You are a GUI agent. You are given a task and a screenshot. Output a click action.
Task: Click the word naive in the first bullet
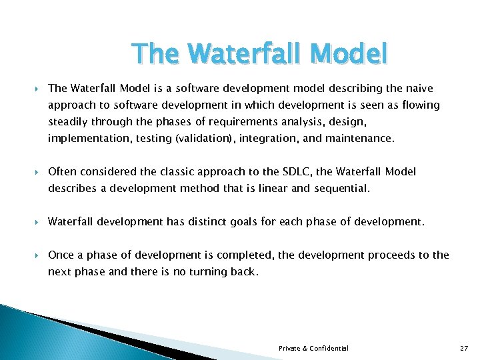(x=419, y=89)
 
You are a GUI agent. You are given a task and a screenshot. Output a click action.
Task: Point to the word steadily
(x=68, y=122)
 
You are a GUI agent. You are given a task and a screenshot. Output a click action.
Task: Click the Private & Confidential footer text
(x=313, y=348)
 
